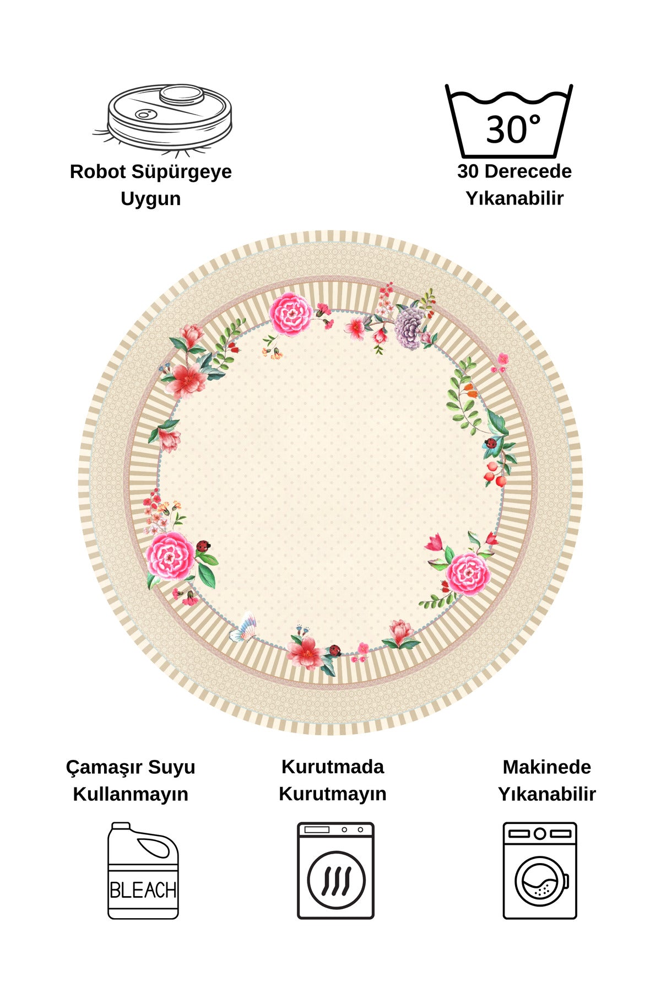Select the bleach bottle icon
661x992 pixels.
tap(143, 870)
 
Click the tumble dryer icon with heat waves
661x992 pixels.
tap(335, 870)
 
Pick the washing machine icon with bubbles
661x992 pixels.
tap(540, 870)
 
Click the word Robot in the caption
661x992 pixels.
tap(98, 171)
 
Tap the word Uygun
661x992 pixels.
tap(150, 200)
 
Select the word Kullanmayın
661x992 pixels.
tap(131, 795)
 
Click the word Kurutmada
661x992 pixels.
tap(333, 767)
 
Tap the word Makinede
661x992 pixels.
tap(547, 767)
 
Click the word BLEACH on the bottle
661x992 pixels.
tap(143, 890)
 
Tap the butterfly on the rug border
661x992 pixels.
tap(244, 628)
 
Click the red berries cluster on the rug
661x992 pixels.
tap(494, 474)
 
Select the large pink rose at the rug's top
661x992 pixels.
tap(291, 314)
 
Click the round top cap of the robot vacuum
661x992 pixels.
tap(182, 95)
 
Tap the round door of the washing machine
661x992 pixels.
tap(540, 881)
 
